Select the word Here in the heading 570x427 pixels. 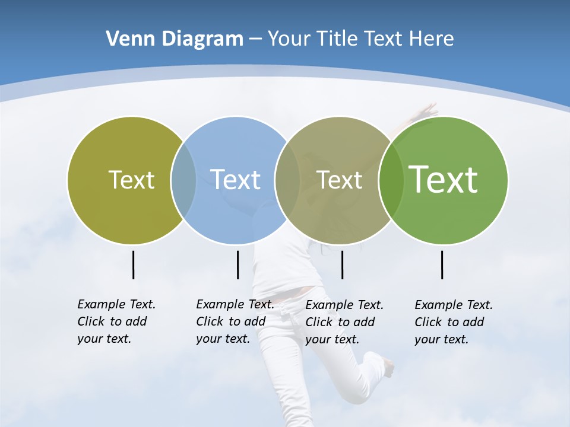[431, 39]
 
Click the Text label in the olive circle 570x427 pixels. [131, 180]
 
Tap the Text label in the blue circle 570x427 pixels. [235, 180]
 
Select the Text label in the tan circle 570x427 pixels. [339, 180]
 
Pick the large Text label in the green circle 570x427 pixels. [444, 179]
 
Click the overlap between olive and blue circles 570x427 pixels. [183, 180]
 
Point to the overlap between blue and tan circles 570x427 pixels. [287, 180]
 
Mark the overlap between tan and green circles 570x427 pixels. [390, 180]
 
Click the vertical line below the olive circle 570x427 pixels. [134, 265]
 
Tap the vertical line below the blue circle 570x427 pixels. [237, 265]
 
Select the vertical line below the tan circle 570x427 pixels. [342, 265]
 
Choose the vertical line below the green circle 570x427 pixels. [442, 265]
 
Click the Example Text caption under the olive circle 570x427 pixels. [116, 321]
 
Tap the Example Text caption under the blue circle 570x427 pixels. [235, 321]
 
